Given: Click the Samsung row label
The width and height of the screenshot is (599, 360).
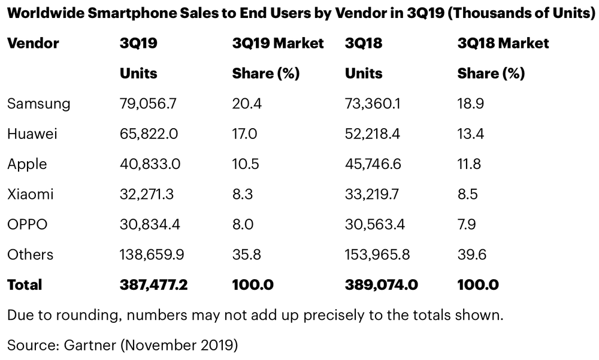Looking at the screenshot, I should [x=38, y=104].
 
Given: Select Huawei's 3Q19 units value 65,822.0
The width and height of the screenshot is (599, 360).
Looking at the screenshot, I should [x=149, y=134].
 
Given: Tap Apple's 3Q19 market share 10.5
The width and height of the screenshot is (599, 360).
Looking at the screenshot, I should [x=244, y=164].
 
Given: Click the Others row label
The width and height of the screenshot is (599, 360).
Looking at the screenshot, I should [x=30, y=255].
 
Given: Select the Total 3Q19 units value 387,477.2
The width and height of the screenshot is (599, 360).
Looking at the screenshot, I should [x=154, y=285].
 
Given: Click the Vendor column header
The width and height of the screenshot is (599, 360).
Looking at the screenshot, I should [x=33, y=43].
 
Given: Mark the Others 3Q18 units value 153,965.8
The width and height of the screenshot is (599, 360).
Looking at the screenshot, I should [x=377, y=255].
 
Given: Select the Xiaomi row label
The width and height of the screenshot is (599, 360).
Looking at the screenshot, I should [x=31, y=194].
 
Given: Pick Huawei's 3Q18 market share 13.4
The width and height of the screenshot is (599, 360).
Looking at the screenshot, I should [x=470, y=134].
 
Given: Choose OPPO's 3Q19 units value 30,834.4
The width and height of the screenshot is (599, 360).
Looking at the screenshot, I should [x=150, y=224].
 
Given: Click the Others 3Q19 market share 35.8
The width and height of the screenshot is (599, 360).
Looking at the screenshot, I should [x=245, y=255].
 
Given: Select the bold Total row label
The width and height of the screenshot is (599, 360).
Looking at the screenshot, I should [x=25, y=285].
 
